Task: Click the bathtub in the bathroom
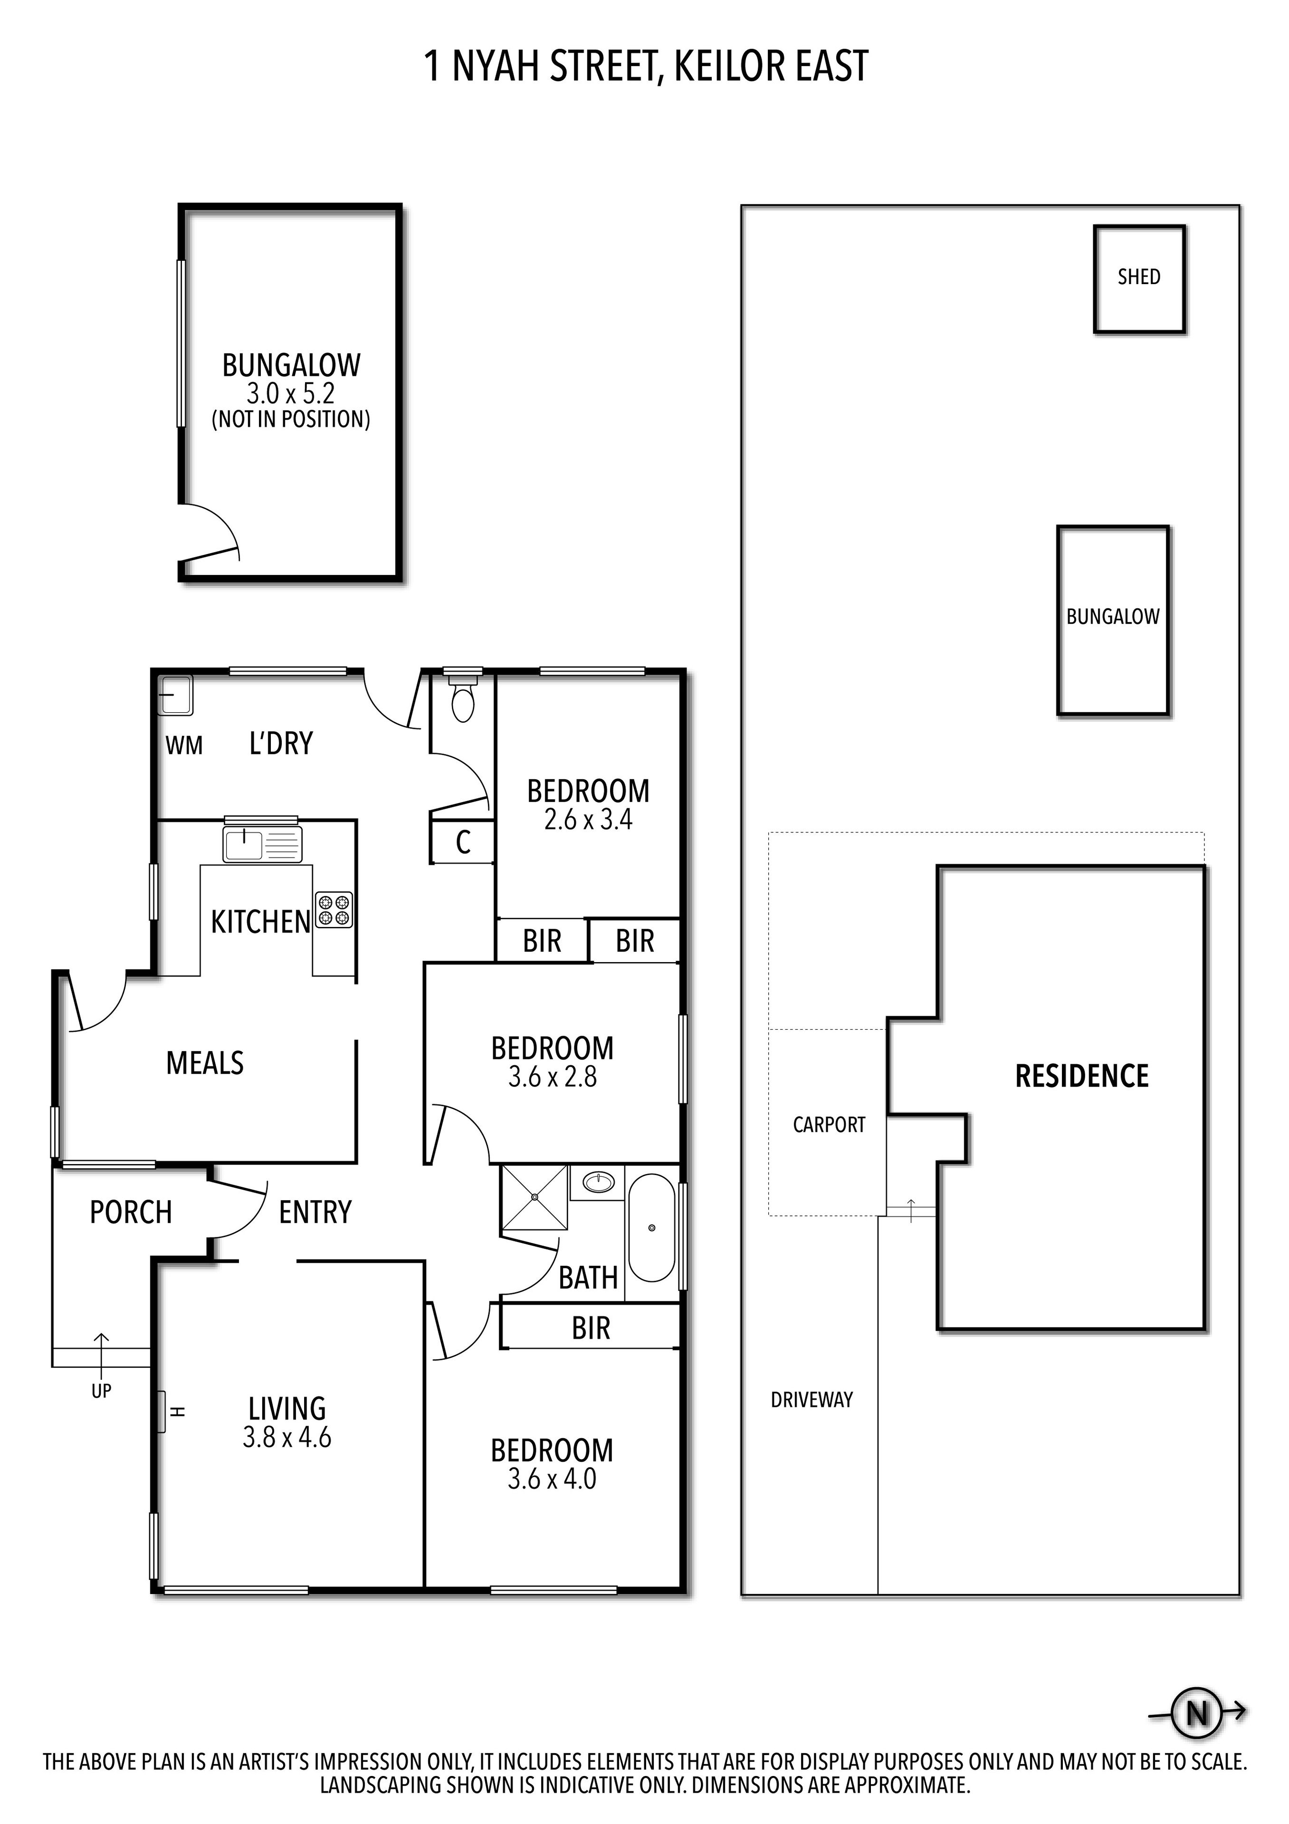click(651, 1228)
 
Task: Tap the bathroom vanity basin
click(597, 1183)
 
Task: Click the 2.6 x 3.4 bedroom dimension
click(588, 819)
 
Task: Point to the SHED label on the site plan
click(1138, 277)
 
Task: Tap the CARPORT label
click(828, 1125)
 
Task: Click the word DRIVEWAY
click(811, 1400)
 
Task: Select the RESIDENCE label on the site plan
click(1082, 1077)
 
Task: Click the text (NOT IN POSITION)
click(291, 420)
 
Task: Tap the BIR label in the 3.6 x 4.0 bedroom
click(591, 1328)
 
